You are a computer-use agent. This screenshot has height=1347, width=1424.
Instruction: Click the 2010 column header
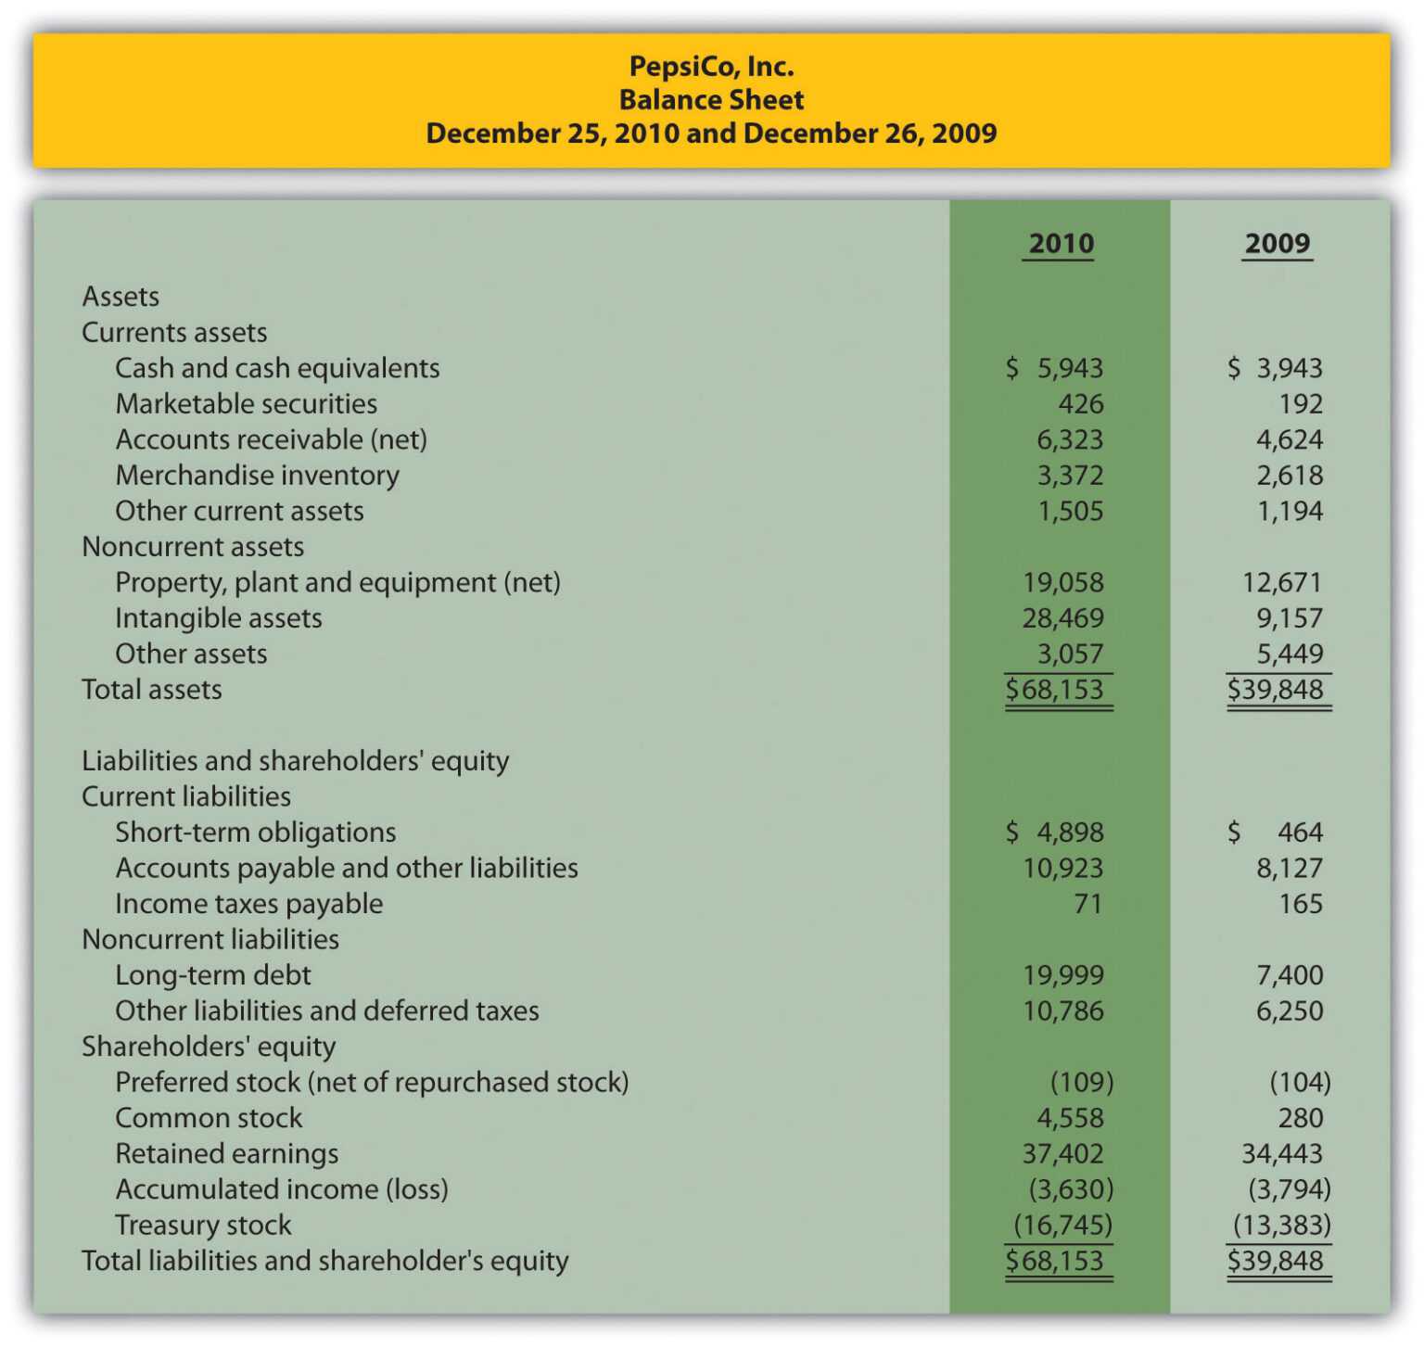tap(1061, 244)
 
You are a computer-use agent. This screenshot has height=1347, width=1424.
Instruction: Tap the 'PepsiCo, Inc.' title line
tap(711, 66)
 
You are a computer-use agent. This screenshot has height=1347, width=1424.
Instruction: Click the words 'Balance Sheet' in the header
tap(711, 99)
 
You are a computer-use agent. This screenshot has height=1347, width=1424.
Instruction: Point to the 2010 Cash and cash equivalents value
tap(1057, 368)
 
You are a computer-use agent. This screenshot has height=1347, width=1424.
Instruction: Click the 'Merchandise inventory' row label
tap(257, 476)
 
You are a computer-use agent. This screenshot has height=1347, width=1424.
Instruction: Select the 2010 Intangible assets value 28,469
tap(1062, 618)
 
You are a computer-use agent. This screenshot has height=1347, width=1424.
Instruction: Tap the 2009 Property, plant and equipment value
tap(1282, 582)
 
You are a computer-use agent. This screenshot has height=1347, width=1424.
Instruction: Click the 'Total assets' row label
tap(152, 690)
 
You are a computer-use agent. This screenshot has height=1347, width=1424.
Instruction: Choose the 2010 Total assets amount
tap(1057, 690)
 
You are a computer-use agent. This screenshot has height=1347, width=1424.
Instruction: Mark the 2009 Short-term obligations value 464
tap(1299, 832)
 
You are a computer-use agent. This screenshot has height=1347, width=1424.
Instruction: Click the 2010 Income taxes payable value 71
tap(1087, 904)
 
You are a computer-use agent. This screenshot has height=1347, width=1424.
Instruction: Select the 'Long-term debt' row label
tap(212, 975)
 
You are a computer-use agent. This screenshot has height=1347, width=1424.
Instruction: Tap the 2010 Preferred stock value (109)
tap(1081, 1083)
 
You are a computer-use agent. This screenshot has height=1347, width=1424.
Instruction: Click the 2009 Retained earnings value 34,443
tap(1282, 1154)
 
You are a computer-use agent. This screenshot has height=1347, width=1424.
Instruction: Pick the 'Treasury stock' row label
tap(203, 1226)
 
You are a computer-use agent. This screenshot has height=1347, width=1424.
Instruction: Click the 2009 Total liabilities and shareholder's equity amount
tap(1277, 1261)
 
